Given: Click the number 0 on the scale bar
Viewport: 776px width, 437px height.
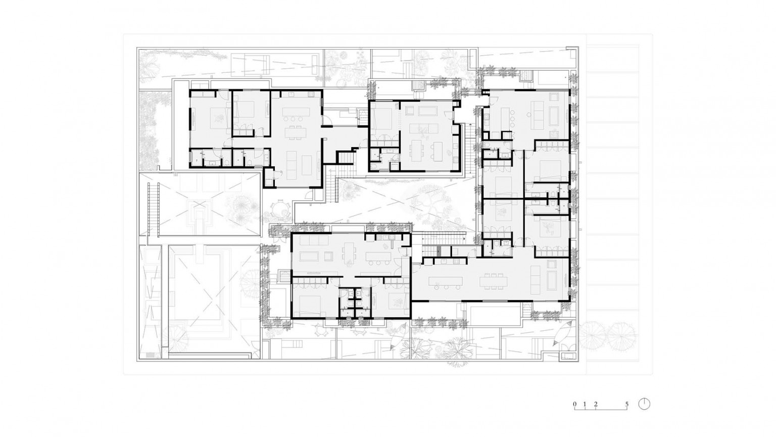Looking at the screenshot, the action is tap(575, 404).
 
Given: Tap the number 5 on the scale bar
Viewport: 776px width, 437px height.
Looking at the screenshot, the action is tap(626, 404).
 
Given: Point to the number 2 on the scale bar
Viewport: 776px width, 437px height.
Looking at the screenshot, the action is tap(596, 404).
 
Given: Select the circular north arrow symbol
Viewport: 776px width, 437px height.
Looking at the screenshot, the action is tap(644, 404).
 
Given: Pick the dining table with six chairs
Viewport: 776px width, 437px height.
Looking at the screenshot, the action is tap(494, 281).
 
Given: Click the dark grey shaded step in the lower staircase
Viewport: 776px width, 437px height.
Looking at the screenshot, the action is tap(438, 250).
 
